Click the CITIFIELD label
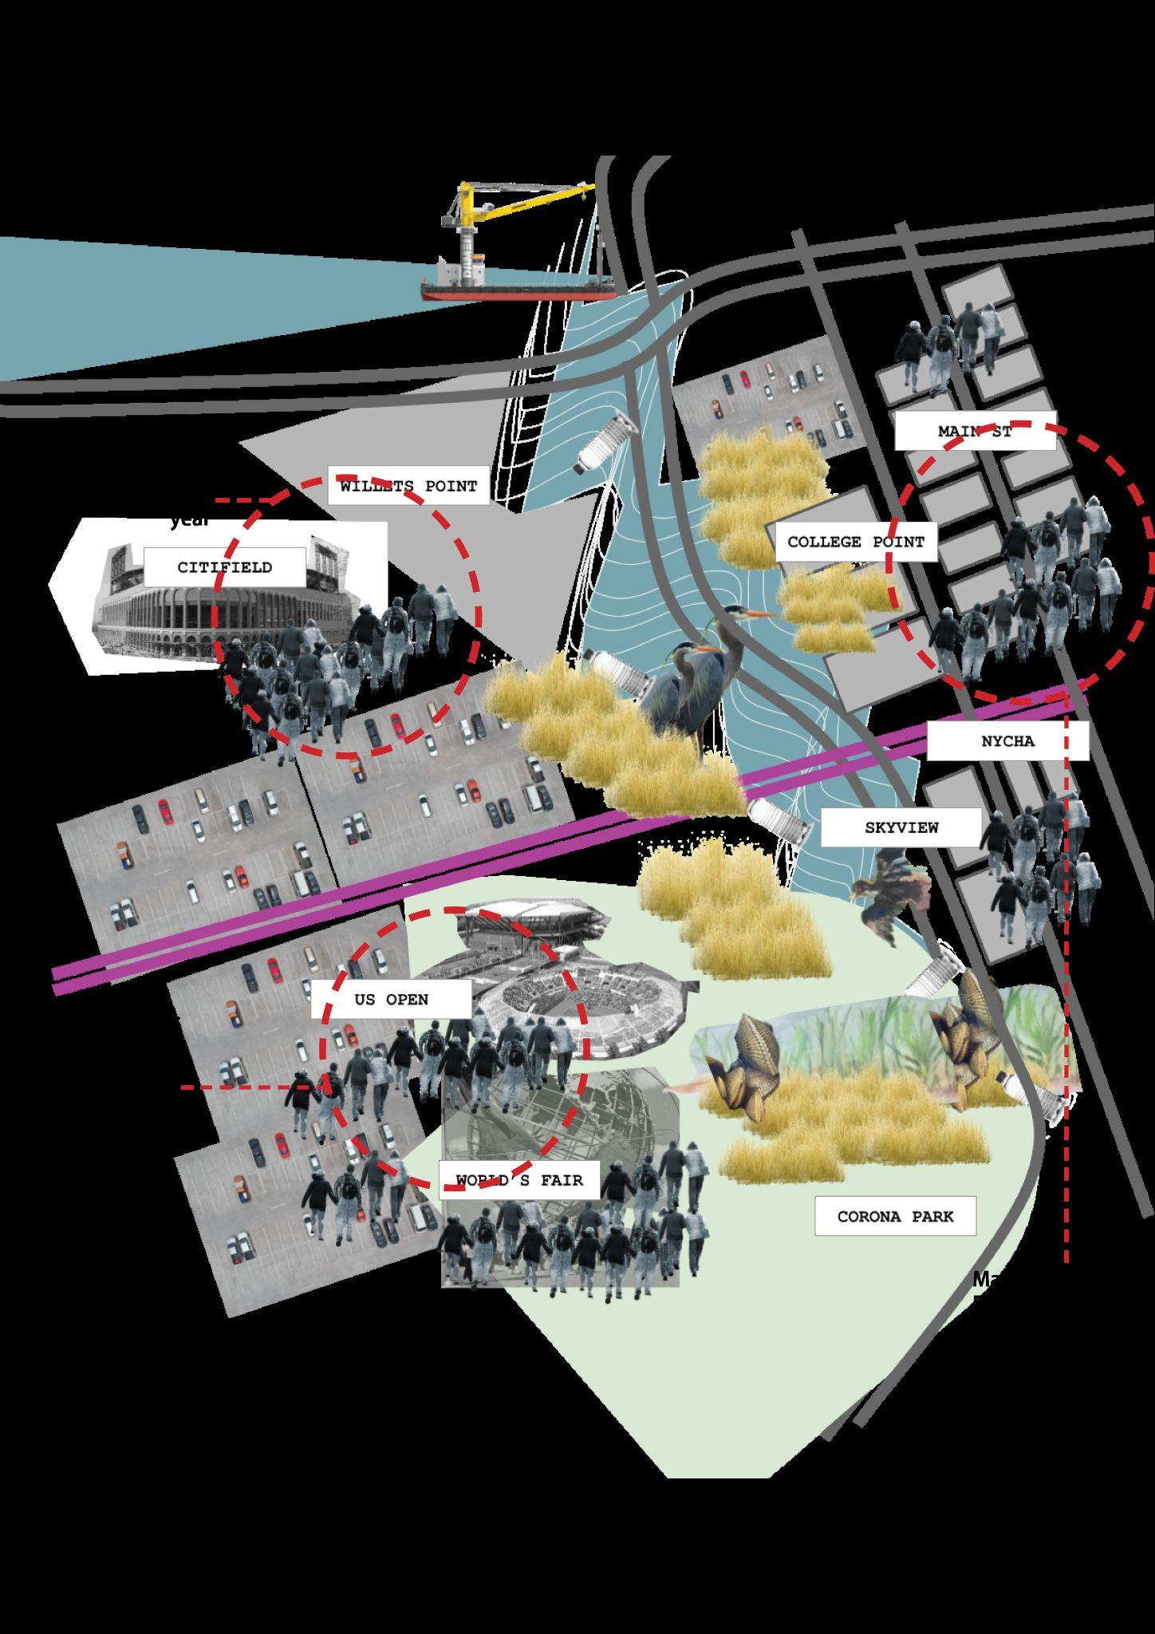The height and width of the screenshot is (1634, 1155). point(224,567)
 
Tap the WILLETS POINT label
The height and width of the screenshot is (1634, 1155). point(408,486)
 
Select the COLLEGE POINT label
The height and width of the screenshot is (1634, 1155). point(856,542)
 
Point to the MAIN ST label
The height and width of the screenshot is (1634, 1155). point(975,432)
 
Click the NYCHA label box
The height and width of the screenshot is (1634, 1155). point(1007,741)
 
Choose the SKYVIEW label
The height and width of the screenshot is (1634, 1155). point(901,827)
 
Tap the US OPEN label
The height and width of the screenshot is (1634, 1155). point(391,1000)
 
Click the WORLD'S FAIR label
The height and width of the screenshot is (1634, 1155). point(519,1180)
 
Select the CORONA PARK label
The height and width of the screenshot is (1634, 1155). point(895,1217)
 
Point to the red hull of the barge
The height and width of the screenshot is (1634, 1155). point(518,294)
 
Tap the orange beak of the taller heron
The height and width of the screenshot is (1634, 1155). point(761,614)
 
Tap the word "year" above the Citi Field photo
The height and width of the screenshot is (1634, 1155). point(189,520)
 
